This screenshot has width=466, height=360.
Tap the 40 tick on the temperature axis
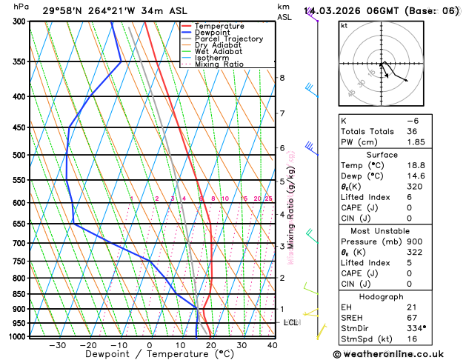click(273, 345)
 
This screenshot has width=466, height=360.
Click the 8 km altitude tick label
click(282, 78)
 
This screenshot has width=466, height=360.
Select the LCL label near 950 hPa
click(290, 323)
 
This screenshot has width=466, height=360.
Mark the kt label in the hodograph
click(344, 26)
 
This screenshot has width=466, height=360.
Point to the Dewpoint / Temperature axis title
click(149, 355)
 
